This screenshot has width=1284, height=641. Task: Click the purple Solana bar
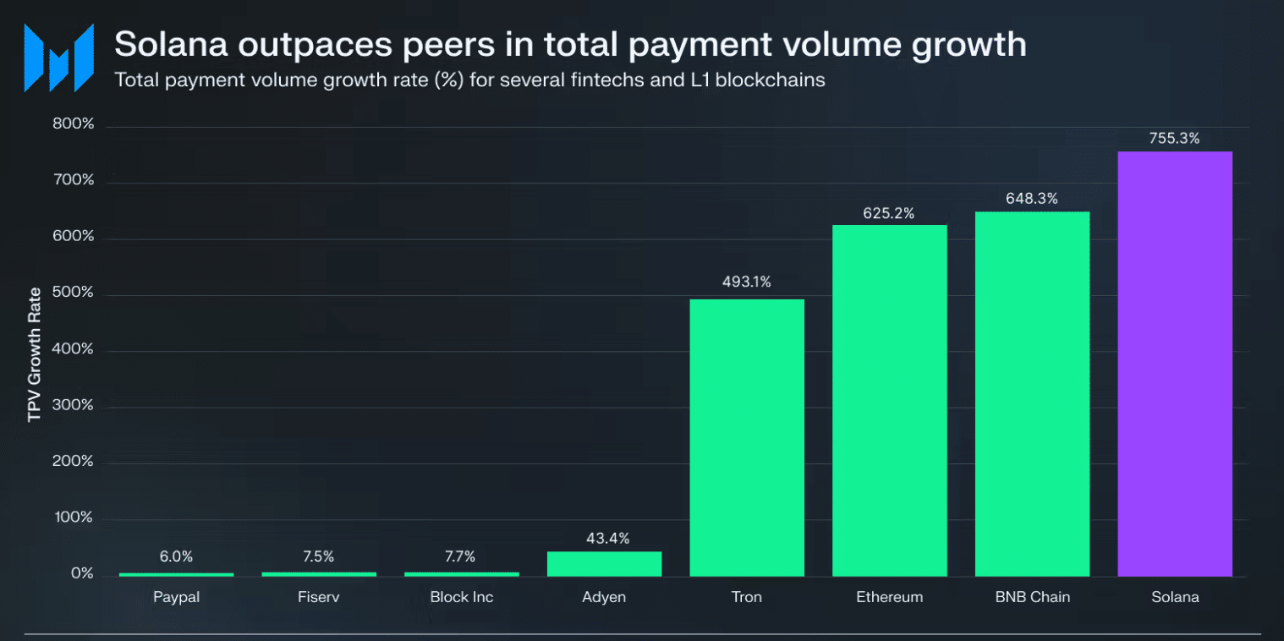[1175, 364]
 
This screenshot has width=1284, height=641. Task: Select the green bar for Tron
[747, 437]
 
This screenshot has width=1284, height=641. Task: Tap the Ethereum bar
[889, 400]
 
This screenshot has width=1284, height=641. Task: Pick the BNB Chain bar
[1032, 393]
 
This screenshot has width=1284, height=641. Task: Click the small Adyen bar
[604, 563]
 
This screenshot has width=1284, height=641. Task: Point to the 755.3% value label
[1174, 139]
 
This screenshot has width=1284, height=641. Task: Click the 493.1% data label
[746, 282]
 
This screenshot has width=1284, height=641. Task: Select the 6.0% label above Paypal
[176, 556]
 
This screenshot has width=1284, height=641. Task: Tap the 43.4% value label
[604, 538]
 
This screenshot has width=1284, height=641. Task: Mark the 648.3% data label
[1032, 199]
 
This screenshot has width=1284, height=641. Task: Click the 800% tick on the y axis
[74, 125]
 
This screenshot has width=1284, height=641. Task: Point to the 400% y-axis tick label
[74, 349]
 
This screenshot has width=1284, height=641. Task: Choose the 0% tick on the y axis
[81, 573]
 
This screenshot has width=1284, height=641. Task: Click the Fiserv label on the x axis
[319, 597]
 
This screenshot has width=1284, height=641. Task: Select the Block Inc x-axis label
[461, 597]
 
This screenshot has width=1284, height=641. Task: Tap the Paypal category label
[176, 597]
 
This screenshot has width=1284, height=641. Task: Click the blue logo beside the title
[58, 58]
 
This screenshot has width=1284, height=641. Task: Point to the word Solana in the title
[170, 44]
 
